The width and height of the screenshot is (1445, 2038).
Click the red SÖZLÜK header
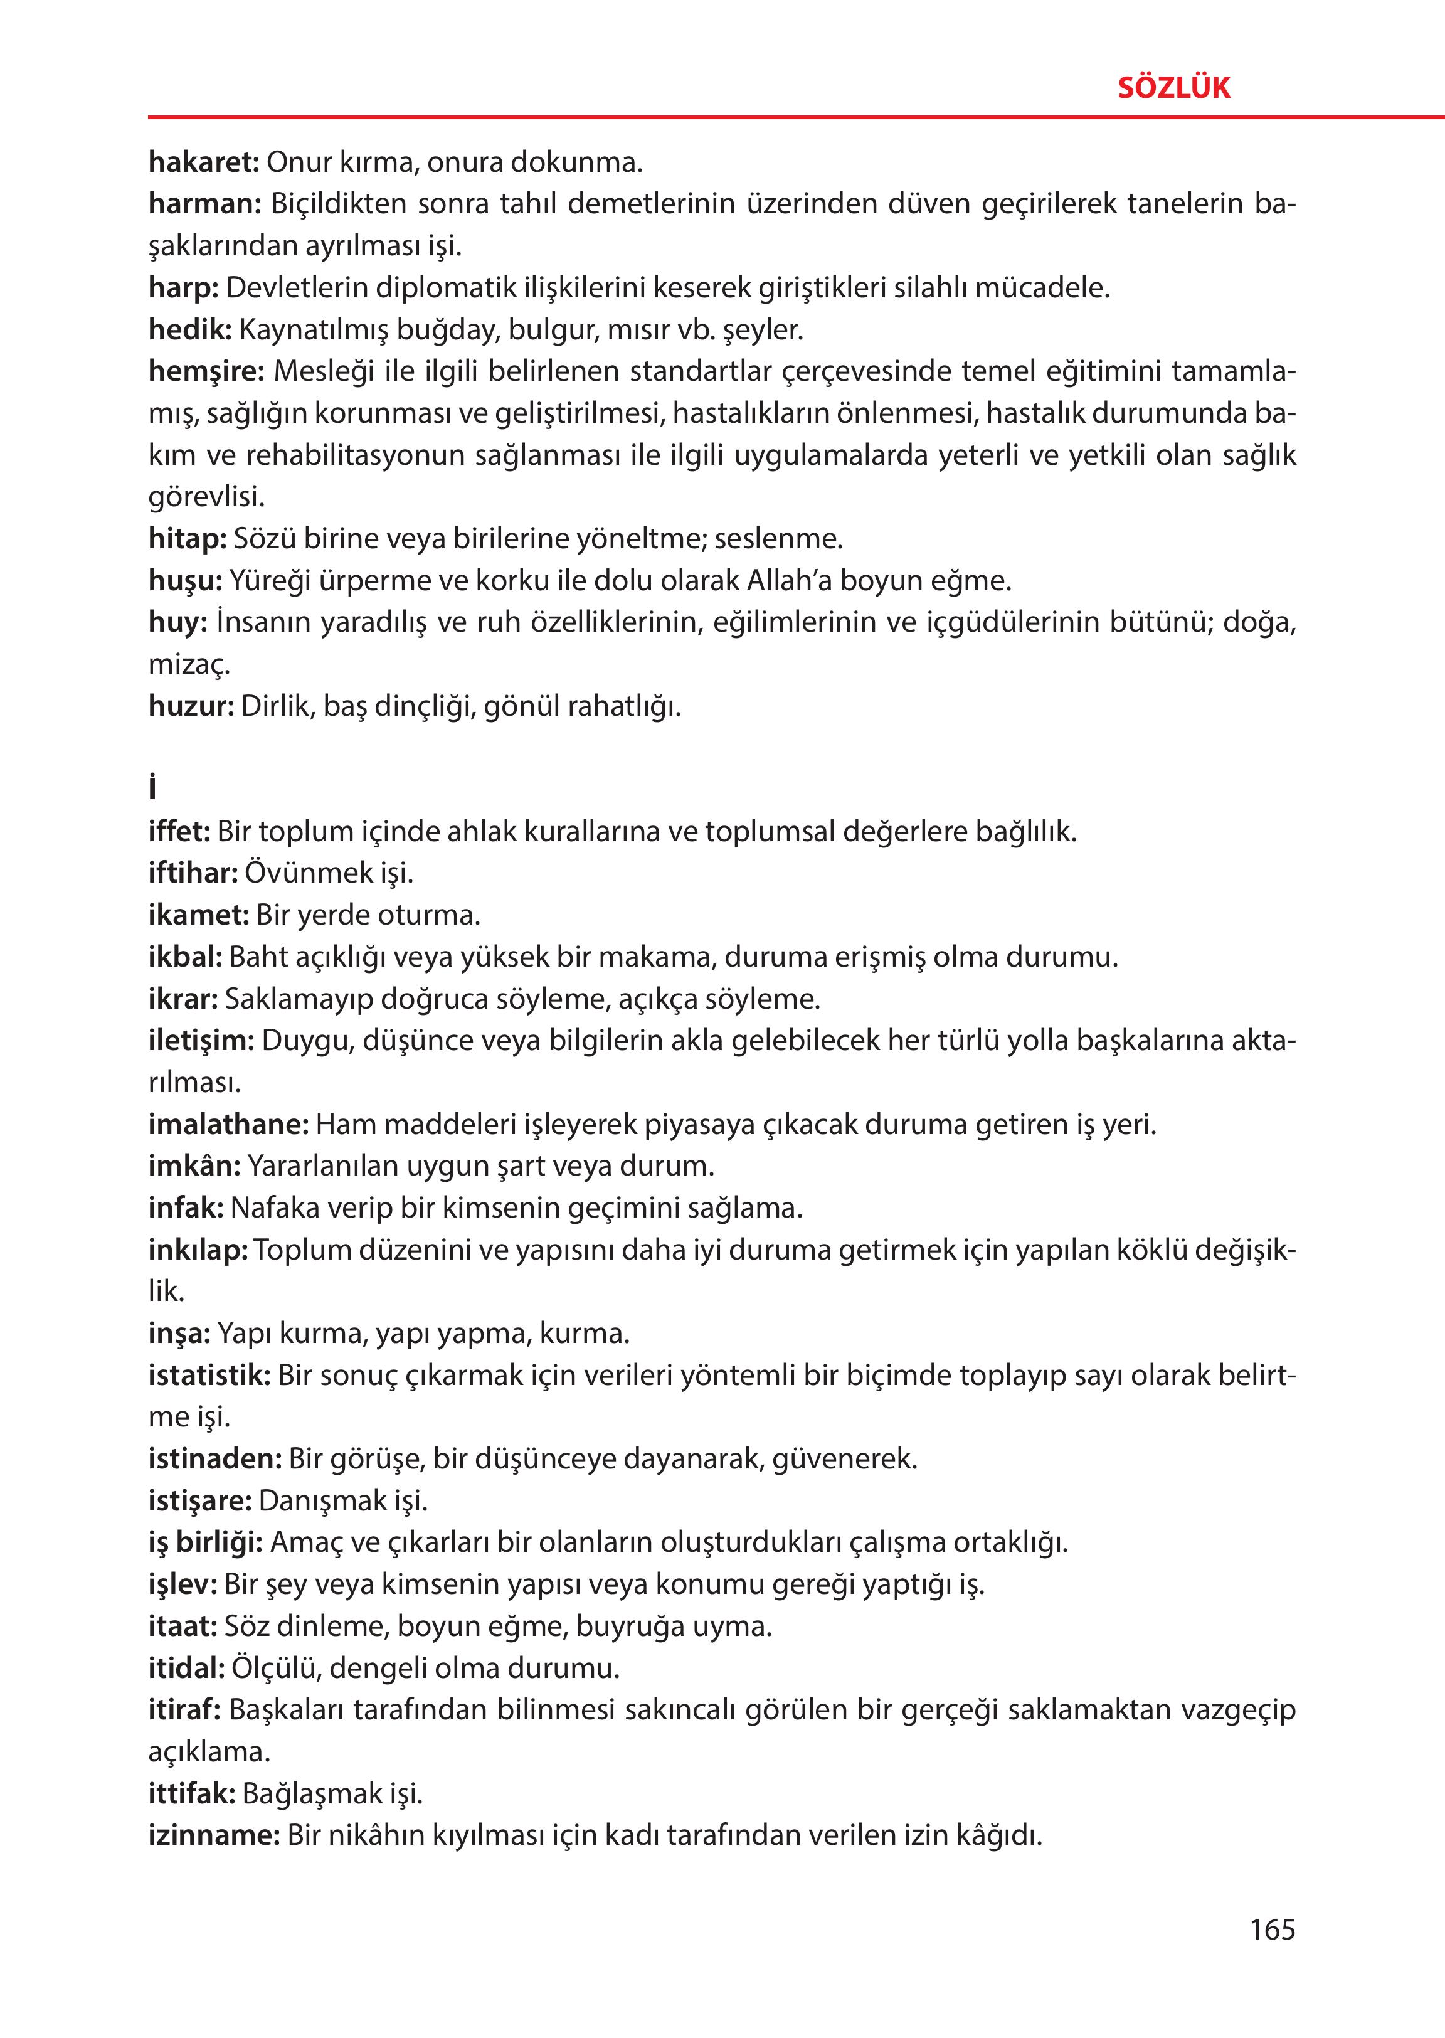tap(1173, 88)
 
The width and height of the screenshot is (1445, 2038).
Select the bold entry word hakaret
tap(203, 163)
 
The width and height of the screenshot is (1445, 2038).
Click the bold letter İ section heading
tap(153, 788)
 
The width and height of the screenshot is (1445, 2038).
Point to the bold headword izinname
tap(213, 1835)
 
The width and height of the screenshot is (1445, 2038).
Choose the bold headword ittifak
tap(191, 1793)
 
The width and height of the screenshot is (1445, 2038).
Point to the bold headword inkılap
tap(198, 1250)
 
